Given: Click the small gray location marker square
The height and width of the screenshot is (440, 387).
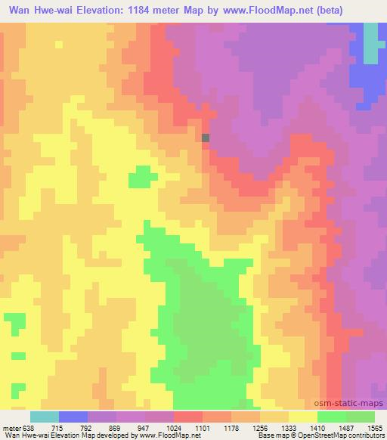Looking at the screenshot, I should [206, 138].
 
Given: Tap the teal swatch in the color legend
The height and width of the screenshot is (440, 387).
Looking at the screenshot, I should [45, 417].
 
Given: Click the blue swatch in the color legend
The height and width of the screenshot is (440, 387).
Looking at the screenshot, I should [73, 417].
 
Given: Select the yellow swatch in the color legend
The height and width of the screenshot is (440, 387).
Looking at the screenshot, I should [303, 417].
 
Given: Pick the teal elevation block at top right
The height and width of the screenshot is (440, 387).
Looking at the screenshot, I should [370, 42].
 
